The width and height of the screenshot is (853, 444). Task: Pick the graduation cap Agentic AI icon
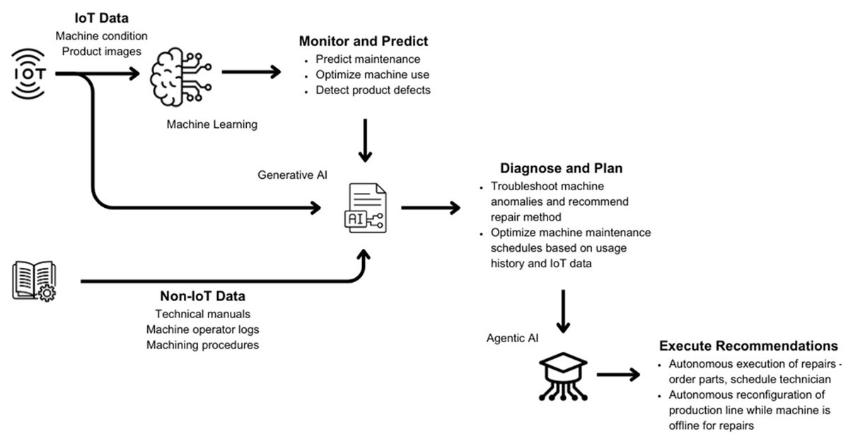point(563,373)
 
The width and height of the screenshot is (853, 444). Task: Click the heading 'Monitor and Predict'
point(363,42)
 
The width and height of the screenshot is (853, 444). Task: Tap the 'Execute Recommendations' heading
point(748,346)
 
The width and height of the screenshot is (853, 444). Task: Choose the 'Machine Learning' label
point(212,125)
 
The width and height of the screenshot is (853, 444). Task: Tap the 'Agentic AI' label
point(512,338)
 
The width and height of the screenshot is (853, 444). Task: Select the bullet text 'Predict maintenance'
point(368,59)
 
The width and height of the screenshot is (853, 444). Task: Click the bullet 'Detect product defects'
point(373,90)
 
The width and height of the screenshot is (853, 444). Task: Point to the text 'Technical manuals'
point(202,314)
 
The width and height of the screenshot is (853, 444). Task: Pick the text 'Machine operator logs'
point(202,329)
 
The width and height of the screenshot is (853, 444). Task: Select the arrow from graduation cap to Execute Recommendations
point(617,375)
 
